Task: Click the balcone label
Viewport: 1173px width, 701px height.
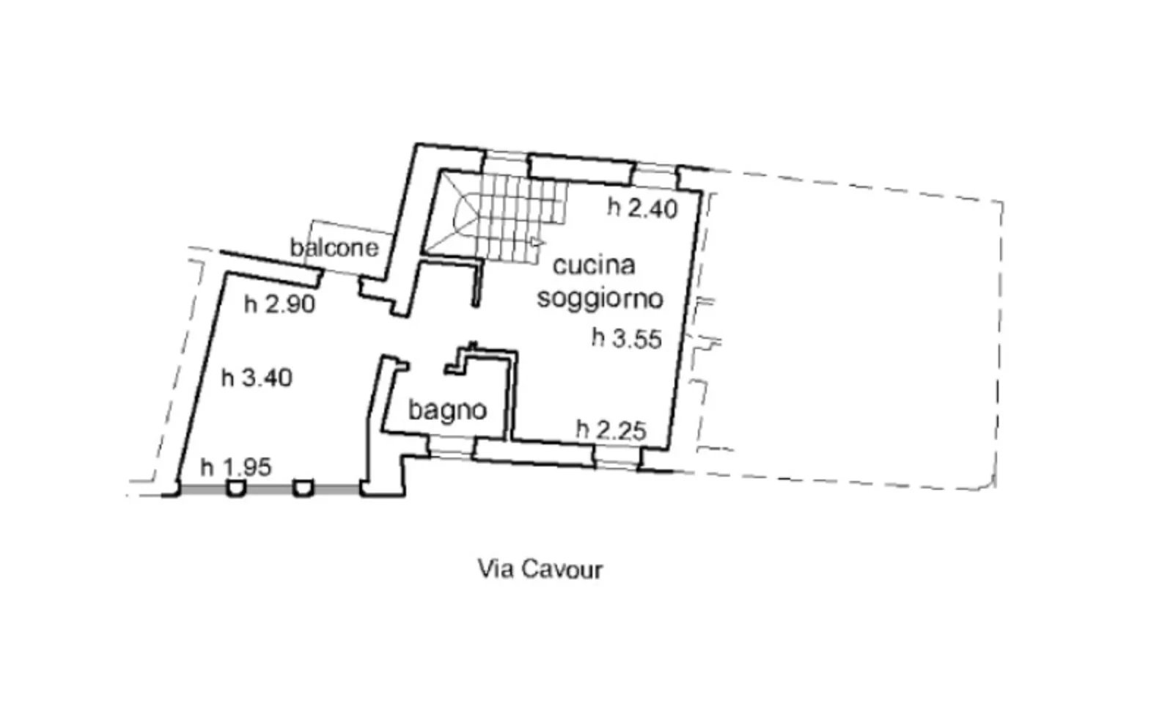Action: click(334, 247)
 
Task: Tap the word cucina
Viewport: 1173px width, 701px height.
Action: click(593, 265)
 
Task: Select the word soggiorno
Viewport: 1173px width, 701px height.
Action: click(600, 298)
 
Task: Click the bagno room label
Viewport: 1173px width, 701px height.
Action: click(447, 409)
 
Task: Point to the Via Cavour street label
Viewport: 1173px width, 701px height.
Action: click(540, 569)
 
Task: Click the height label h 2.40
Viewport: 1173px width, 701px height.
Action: click(642, 208)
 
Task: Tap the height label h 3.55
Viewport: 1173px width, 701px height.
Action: click(627, 339)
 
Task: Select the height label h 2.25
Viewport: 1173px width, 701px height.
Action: click(611, 430)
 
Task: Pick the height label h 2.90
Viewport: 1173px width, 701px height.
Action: click(279, 304)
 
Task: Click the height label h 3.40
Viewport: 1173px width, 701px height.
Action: click(257, 378)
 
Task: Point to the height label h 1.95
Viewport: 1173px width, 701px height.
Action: click(236, 466)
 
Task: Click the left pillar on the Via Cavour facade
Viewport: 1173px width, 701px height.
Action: click(235, 488)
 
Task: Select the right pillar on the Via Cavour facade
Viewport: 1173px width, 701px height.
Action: click(303, 488)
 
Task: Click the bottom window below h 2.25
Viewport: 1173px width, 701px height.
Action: click(616, 458)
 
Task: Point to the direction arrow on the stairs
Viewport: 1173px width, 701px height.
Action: click(537, 241)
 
